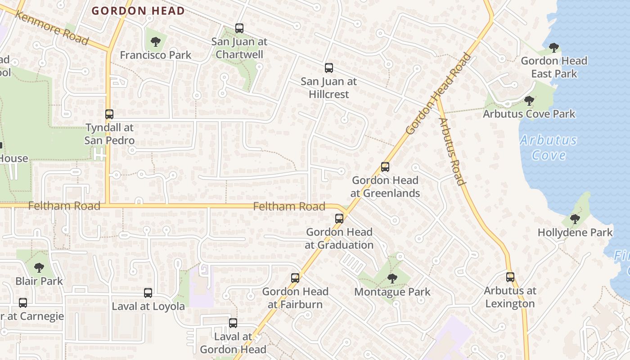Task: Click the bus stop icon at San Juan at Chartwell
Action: [x=239, y=28]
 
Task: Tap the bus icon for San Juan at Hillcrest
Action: [x=329, y=68]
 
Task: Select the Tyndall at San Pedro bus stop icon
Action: [x=109, y=114]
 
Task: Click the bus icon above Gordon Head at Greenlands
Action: [x=385, y=167]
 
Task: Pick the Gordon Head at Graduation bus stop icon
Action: [x=339, y=219]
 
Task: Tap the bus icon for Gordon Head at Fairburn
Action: [x=295, y=278]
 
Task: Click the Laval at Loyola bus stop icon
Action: [x=148, y=293]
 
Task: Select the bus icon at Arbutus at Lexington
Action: [x=510, y=277]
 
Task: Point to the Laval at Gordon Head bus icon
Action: [x=233, y=323]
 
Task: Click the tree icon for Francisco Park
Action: [x=156, y=42]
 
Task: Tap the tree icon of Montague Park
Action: [x=392, y=279]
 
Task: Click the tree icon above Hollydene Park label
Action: [x=575, y=219]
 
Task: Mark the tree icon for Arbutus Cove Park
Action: [x=529, y=100]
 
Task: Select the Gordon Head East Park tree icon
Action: [x=554, y=47]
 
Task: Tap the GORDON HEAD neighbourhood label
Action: [x=138, y=11]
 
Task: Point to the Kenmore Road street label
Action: [x=51, y=27]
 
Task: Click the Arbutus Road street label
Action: [x=451, y=151]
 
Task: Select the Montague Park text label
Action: [x=392, y=292]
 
